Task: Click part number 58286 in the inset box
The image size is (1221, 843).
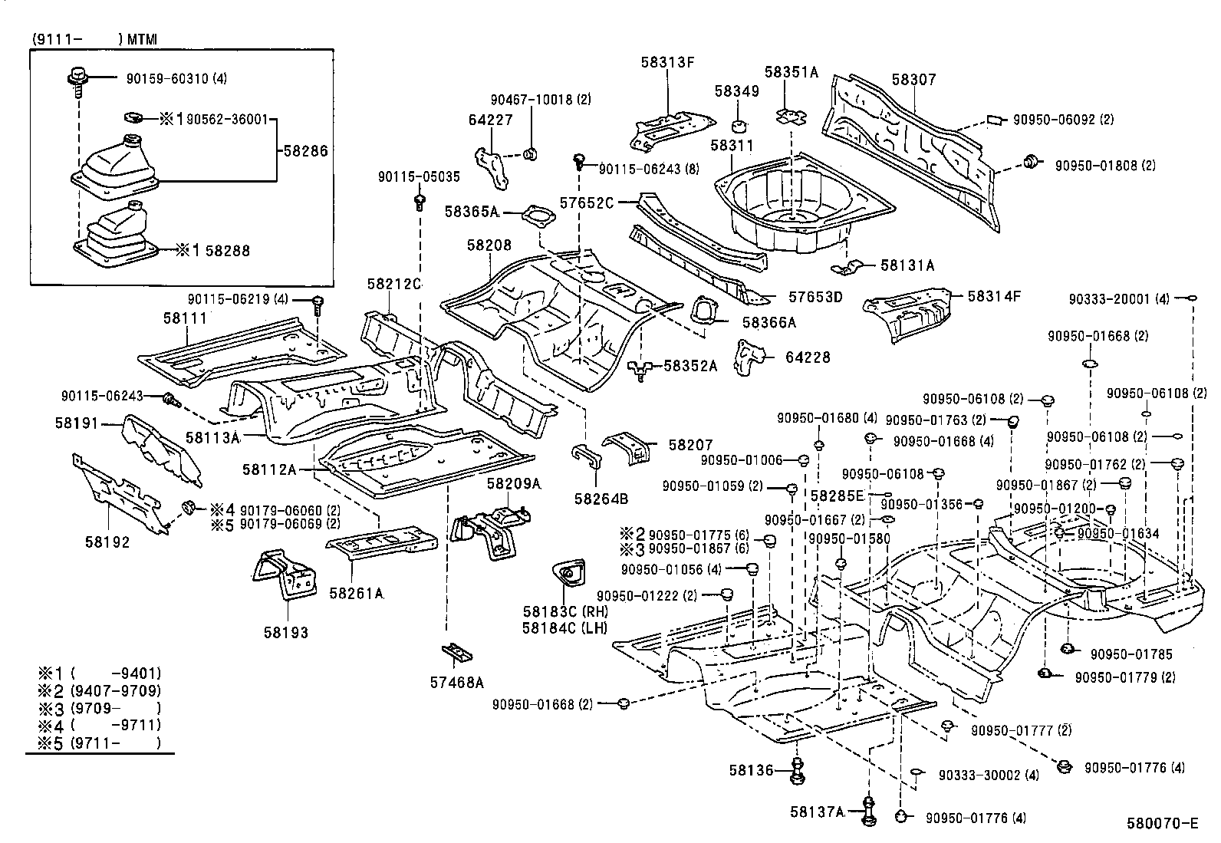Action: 305,151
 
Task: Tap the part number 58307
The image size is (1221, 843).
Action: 913,80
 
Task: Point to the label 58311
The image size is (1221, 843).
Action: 732,145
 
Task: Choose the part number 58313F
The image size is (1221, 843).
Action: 667,63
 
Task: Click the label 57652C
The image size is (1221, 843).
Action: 587,203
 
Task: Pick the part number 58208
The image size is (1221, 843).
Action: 489,245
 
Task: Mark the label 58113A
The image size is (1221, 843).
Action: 212,437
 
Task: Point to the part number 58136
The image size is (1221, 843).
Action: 752,769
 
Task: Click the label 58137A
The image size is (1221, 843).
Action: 818,811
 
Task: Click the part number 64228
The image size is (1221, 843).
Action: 808,357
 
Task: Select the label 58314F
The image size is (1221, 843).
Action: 994,296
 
